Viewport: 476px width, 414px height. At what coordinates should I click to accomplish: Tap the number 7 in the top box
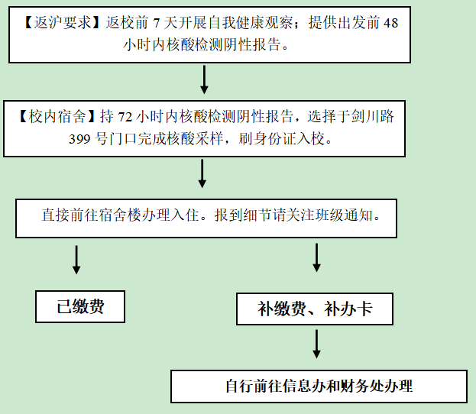tap(157, 24)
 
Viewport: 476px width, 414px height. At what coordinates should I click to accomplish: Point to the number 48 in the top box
tap(390, 24)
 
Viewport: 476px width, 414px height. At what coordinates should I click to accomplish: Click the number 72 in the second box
tap(125, 118)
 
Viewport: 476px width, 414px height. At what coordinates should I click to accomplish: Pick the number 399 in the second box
tap(79, 139)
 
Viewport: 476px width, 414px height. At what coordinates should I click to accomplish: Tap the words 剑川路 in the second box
tap(373, 117)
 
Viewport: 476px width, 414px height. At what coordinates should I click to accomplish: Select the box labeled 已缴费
tap(80, 306)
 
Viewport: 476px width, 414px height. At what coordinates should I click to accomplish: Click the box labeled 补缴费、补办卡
tap(315, 309)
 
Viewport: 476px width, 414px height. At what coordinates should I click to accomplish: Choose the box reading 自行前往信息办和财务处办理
tap(319, 387)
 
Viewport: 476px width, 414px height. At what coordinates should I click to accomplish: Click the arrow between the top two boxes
tap(204, 79)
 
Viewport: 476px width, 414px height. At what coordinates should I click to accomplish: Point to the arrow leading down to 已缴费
tap(76, 260)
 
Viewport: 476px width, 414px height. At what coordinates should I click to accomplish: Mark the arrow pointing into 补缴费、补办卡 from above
tap(316, 257)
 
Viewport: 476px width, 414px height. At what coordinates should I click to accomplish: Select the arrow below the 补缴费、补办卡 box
tap(316, 344)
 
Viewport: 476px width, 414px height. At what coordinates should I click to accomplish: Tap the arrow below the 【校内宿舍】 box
tap(202, 173)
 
